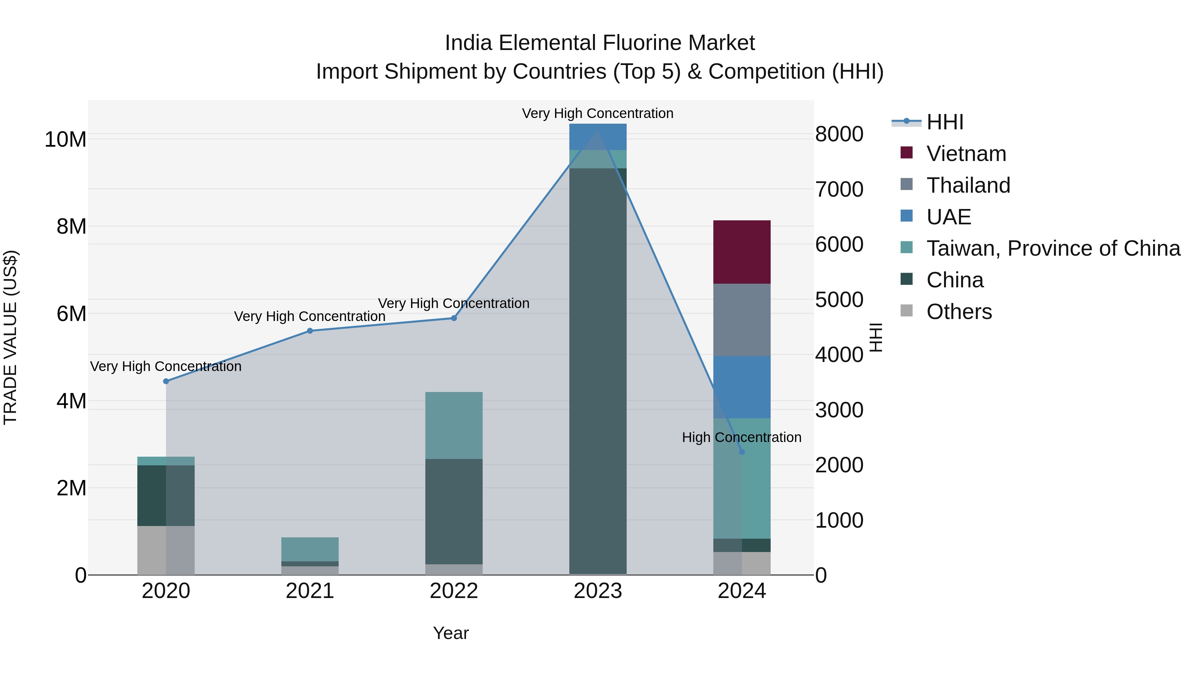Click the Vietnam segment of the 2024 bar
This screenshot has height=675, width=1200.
(x=742, y=252)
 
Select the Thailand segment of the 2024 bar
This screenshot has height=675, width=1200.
(x=742, y=320)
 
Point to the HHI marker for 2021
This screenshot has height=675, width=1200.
(x=310, y=331)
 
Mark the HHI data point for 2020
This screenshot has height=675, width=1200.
(x=166, y=381)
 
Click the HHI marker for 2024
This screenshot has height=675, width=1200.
(x=742, y=451)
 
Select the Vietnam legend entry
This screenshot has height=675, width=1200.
(x=966, y=154)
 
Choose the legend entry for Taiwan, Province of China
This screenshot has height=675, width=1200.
(x=1053, y=248)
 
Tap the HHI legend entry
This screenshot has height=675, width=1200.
(x=944, y=122)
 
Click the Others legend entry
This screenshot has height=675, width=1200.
(x=959, y=312)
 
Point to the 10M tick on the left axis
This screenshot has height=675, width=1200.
(x=65, y=139)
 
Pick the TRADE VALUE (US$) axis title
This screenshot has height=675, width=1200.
(x=10, y=337)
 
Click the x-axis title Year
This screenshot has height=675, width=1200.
(x=450, y=633)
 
